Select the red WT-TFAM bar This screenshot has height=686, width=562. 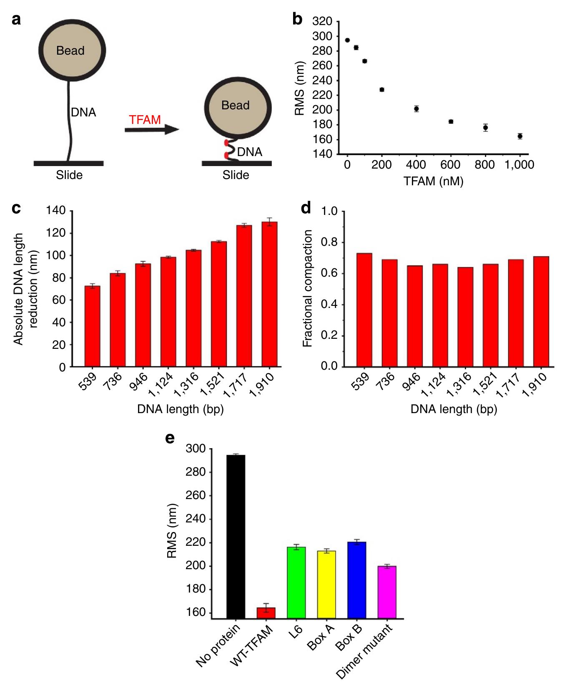point(266,613)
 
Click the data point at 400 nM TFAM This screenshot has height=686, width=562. point(416,109)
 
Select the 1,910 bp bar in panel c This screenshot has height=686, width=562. point(269,294)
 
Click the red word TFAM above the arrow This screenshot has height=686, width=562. point(145,120)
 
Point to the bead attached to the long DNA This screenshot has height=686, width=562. point(70,50)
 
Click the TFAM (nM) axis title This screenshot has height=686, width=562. point(433,182)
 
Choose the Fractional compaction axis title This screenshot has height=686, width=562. point(308,289)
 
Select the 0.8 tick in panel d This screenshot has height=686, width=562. point(327,242)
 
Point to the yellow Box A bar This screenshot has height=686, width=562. point(326,584)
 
